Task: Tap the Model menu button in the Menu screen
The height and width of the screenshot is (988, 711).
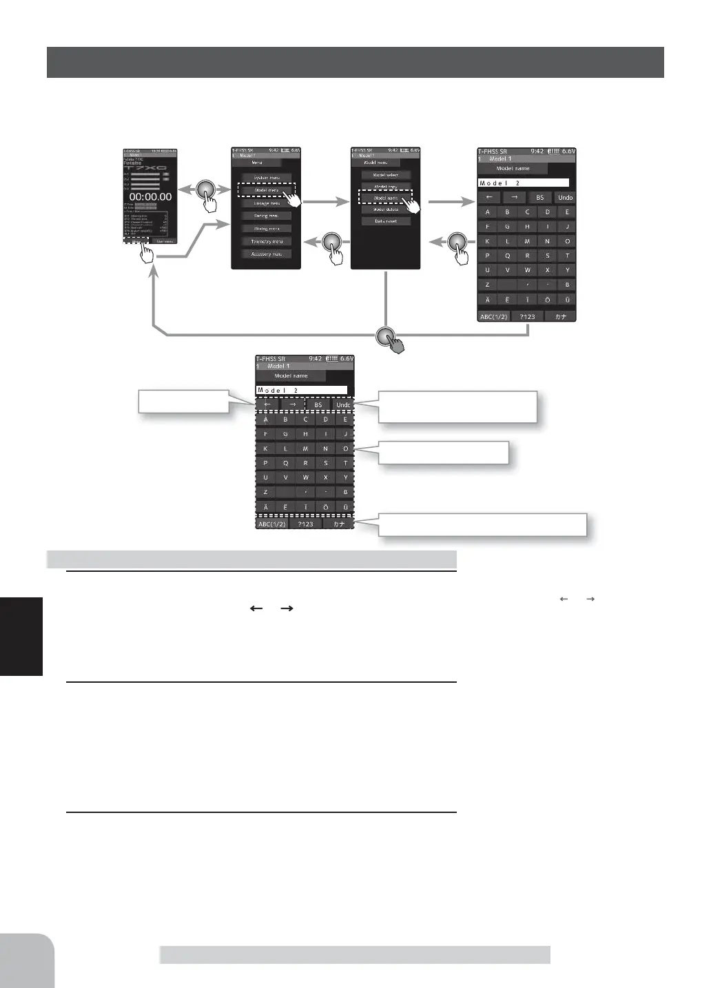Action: pyautogui.click(x=267, y=190)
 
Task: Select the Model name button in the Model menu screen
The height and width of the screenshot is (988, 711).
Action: pyautogui.click(x=386, y=198)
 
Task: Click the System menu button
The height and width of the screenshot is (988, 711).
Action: pyautogui.click(x=267, y=178)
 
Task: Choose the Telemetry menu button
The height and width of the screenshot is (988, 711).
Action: pyautogui.click(x=267, y=242)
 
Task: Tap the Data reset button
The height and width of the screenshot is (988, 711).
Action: pyautogui.click(x=386, y=221)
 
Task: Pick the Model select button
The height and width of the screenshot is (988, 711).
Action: pyautogui.click(x=386, y=175)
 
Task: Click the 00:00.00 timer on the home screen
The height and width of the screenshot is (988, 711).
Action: pyautogui.click(x=150, y=196)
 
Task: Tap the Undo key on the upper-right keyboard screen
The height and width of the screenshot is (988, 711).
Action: pyautogui.click(x=565, y=198)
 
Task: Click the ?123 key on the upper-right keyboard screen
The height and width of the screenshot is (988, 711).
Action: pyautogui.click(x=527, y=316)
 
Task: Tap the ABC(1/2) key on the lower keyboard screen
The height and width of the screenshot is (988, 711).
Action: pyautogui.click(x=272, y=524)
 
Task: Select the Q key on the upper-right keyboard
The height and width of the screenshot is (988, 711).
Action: pyautogui.click(x=507, y=256)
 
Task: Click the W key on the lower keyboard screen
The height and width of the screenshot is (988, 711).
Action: pyautogui.click(x=305, y=477)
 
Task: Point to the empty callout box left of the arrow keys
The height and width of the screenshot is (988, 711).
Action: pyautogui.click(x=183, y=402)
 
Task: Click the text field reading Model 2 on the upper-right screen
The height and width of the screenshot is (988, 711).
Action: pyautogui.click(x=524, y=183)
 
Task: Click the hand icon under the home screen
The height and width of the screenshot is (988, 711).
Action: pyautogui.click(x=147, y=252)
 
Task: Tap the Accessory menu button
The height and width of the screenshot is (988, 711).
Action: pyautogui.click(x=267, y=254)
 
